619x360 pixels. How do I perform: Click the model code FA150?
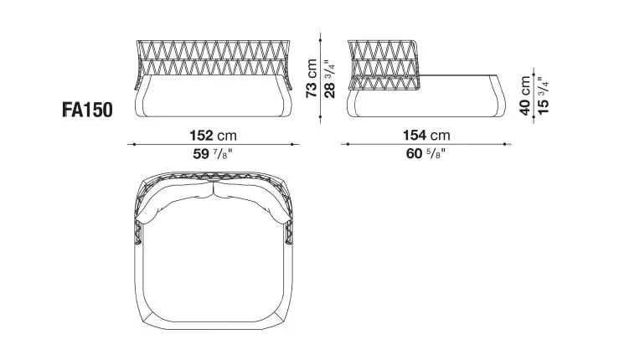click(x=85, y=109)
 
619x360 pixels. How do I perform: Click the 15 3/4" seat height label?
click(x=543, y=95)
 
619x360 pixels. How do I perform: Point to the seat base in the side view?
click(x=427, y=99)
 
